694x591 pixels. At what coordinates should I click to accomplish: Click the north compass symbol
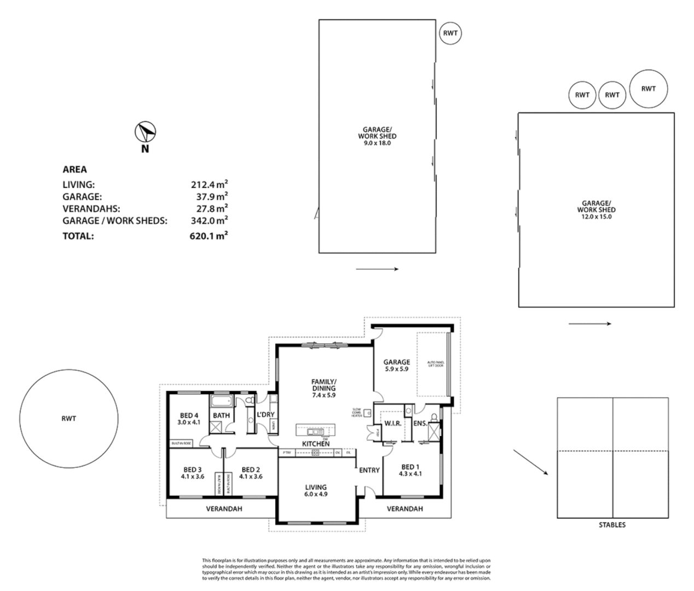click(x=145, y=132)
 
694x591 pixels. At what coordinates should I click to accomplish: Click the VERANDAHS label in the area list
click(x=91, y=208)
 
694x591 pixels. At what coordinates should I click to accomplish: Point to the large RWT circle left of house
click(x=68, y=419)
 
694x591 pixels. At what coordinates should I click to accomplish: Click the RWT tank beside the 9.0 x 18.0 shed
click(x=450, y=33)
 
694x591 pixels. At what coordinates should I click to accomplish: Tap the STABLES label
click(x=612, y=525)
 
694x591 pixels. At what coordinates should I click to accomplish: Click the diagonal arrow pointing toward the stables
click(x=530, y=463)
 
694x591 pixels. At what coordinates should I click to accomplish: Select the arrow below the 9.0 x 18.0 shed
click(x=377, y=269)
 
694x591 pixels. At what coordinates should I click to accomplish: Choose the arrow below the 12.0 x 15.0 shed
click(x=589, y=323)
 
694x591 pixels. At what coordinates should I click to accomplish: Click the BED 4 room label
click(x=188, y=416)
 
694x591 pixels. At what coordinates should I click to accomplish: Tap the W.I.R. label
click(x=393, y=424)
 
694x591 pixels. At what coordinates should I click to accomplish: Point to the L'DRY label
click(x=265, y=415)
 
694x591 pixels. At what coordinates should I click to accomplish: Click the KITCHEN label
click(x=316, y=444)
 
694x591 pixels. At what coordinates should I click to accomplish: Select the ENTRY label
click(x=369, y=470)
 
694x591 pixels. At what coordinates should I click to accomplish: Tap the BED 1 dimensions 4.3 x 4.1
click(x=410, y=474)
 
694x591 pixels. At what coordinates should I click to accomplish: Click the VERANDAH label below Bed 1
click(x=404, y=509)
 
